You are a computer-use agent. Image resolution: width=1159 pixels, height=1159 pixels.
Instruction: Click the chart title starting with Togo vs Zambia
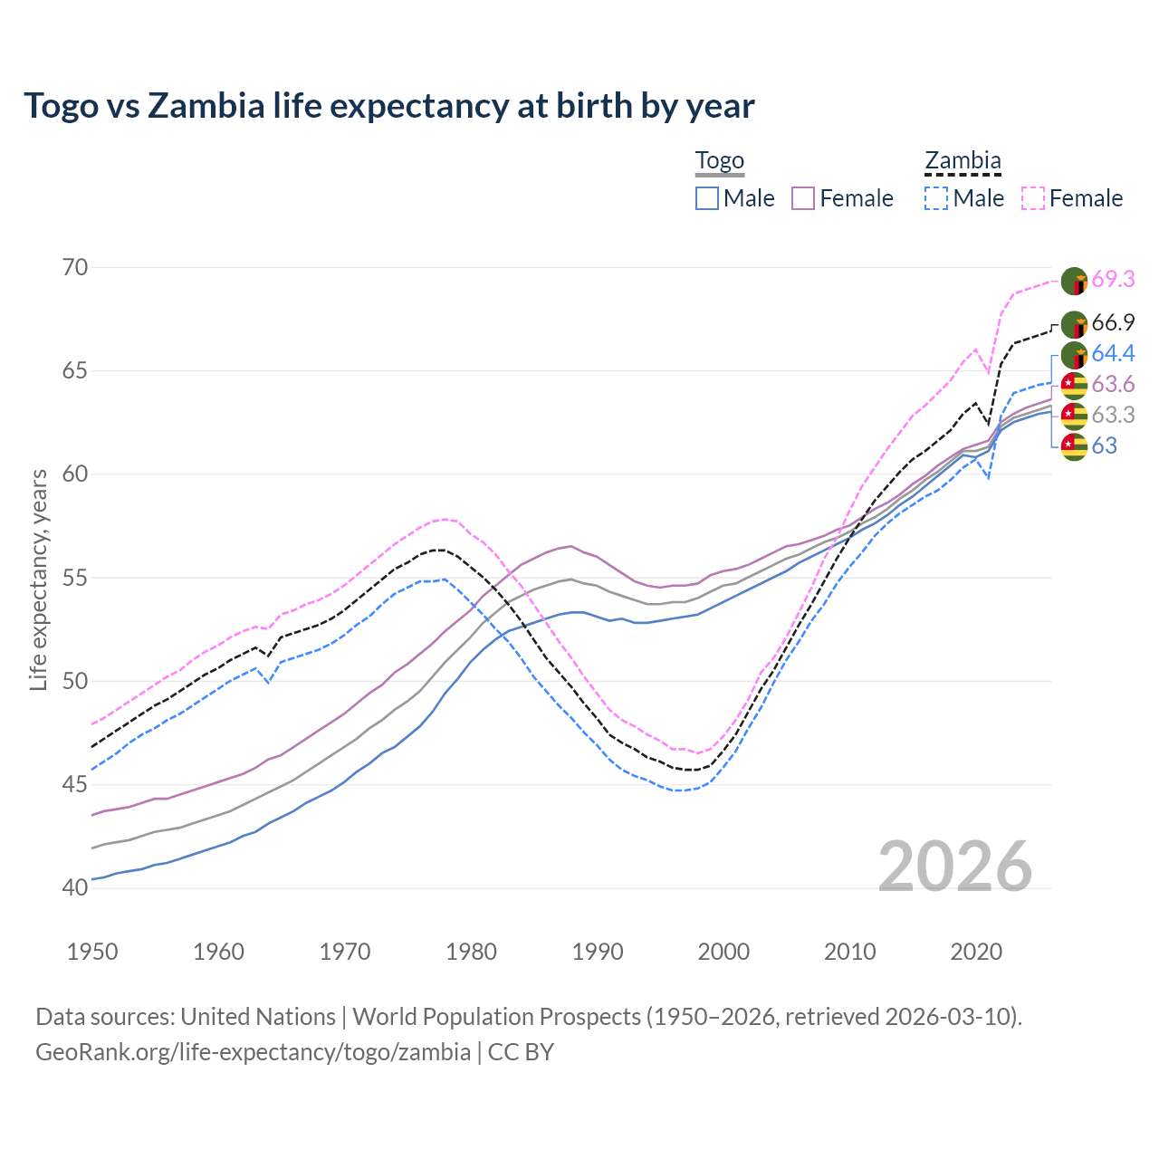coord(389,106)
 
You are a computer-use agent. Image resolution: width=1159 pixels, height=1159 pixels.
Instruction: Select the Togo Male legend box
coord(707,198)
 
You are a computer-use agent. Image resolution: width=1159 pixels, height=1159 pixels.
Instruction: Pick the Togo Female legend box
coord(803,198)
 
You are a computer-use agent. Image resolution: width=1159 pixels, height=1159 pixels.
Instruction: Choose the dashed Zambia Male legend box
coord(936,198)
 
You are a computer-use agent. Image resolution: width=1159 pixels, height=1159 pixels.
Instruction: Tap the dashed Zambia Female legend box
coord(1033,198)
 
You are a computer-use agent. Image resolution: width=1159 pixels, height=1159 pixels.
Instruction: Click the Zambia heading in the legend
coord(963,161)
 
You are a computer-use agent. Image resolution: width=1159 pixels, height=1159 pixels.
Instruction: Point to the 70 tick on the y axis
coord(75,267)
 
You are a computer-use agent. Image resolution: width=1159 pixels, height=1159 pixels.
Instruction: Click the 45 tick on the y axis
coord(75,784)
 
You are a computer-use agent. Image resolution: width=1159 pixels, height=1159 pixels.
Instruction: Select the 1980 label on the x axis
coord(471,952)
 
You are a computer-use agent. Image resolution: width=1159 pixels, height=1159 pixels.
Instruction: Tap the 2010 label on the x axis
coord(849,952)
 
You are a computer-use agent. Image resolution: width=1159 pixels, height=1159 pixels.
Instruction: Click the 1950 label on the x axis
coord(92,952)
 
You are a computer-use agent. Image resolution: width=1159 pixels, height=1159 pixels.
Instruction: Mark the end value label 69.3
coord(1113,280)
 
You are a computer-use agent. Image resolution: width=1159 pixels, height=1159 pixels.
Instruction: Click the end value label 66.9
coord(1113,323)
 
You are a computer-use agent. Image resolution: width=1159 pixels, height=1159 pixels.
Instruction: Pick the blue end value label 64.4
coord(1113,353)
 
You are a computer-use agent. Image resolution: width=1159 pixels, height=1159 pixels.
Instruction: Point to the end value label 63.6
coord(1113,385)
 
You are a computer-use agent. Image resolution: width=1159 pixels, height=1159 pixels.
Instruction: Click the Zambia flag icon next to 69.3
coord(1074,281)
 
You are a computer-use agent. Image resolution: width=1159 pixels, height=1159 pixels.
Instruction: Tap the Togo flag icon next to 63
coord(1074,446)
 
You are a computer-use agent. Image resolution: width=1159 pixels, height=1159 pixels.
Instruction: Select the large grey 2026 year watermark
coord(955,867)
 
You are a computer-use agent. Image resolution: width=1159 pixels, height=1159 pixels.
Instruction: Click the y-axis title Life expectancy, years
coord(38,579)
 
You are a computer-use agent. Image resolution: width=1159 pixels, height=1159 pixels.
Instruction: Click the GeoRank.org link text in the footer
coord(253,1052)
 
